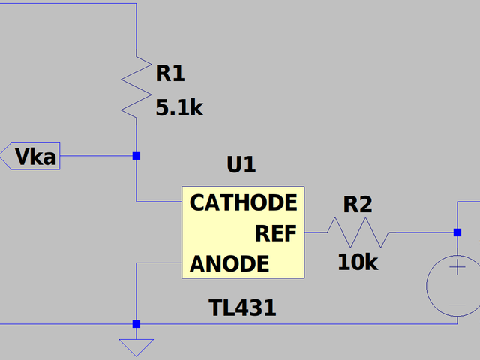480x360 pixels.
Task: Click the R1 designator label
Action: click(x=170, y=73)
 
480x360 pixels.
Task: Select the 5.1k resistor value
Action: click(x=179, y=108)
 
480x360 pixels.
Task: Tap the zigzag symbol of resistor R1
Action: click(x=136, y=84)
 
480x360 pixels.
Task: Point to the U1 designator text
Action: click(x=241, y=165)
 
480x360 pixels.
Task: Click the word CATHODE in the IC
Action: click(x=243, y=202)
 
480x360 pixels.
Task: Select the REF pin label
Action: click(x=276, y=233)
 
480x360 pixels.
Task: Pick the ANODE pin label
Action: click(x=229, y=264)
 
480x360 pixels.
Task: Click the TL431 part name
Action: click(x=243, y=307)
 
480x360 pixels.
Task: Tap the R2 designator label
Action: click(x=358, y=204)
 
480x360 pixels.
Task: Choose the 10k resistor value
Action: click(x=358, y=262)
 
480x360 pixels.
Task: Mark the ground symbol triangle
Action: click(x=136, y=346)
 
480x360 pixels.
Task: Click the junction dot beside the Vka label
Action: click(x=136, y=156)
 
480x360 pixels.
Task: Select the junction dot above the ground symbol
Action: click(x=136, y=324)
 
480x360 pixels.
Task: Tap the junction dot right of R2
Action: click(x=457, y=232)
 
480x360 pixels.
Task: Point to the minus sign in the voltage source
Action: click(x=457, y=304)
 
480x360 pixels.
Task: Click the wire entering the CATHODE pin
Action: click(x=159, y=201)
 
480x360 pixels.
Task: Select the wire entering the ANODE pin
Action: click(x=159, y=263)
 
